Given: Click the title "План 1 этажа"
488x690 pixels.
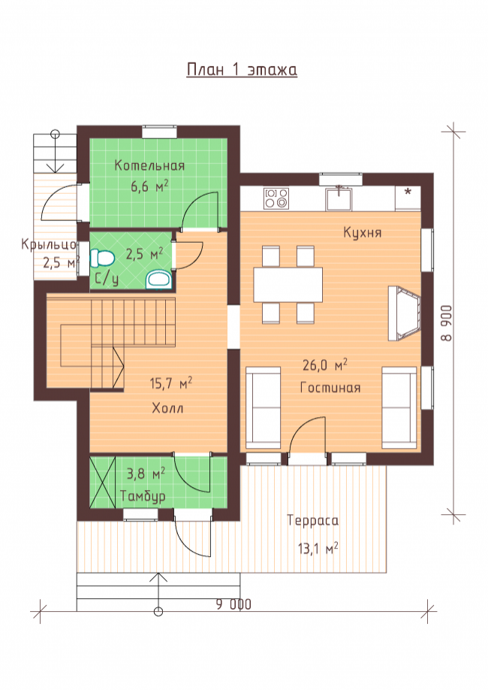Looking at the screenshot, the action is [242, 70].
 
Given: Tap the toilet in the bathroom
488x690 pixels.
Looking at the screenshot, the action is [101, 259].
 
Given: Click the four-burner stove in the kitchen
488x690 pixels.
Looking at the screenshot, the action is [276, 198].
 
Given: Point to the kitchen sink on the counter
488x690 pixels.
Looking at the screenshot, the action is [339, 198].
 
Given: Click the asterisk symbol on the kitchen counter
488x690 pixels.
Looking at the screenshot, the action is [408, 192].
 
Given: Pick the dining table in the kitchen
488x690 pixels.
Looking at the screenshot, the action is [288, 284].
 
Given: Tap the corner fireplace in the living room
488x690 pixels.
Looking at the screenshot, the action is [404, 313].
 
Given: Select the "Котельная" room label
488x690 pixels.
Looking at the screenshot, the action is [149, 165].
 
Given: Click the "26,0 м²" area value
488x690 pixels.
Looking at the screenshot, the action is [325, 365].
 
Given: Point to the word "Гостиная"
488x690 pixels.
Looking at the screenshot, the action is [330, 388].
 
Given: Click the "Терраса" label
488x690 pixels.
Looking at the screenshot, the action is [313, 521].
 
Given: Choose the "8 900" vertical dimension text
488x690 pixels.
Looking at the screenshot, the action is [447, 323].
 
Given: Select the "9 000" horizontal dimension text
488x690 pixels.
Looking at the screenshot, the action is [233, 604].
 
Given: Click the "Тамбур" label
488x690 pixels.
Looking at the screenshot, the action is [143, 496].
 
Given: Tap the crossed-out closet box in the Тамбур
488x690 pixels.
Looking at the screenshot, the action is [102, 483].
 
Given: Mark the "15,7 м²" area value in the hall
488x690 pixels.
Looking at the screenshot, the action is [171, 383].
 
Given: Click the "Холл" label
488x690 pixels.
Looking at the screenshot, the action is [167, 408].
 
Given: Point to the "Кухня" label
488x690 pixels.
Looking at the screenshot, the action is [363, 233].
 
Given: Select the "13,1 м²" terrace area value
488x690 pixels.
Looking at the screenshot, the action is [318, 548].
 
